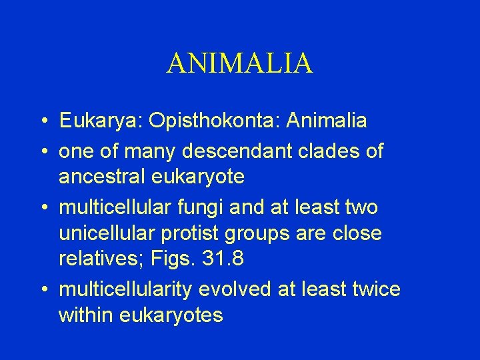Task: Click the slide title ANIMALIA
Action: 239,63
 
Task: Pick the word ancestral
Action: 101,177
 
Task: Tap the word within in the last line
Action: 85,315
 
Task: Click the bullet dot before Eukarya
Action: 43,121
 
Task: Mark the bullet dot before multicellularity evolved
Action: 43,290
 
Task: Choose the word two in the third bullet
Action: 361,207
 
